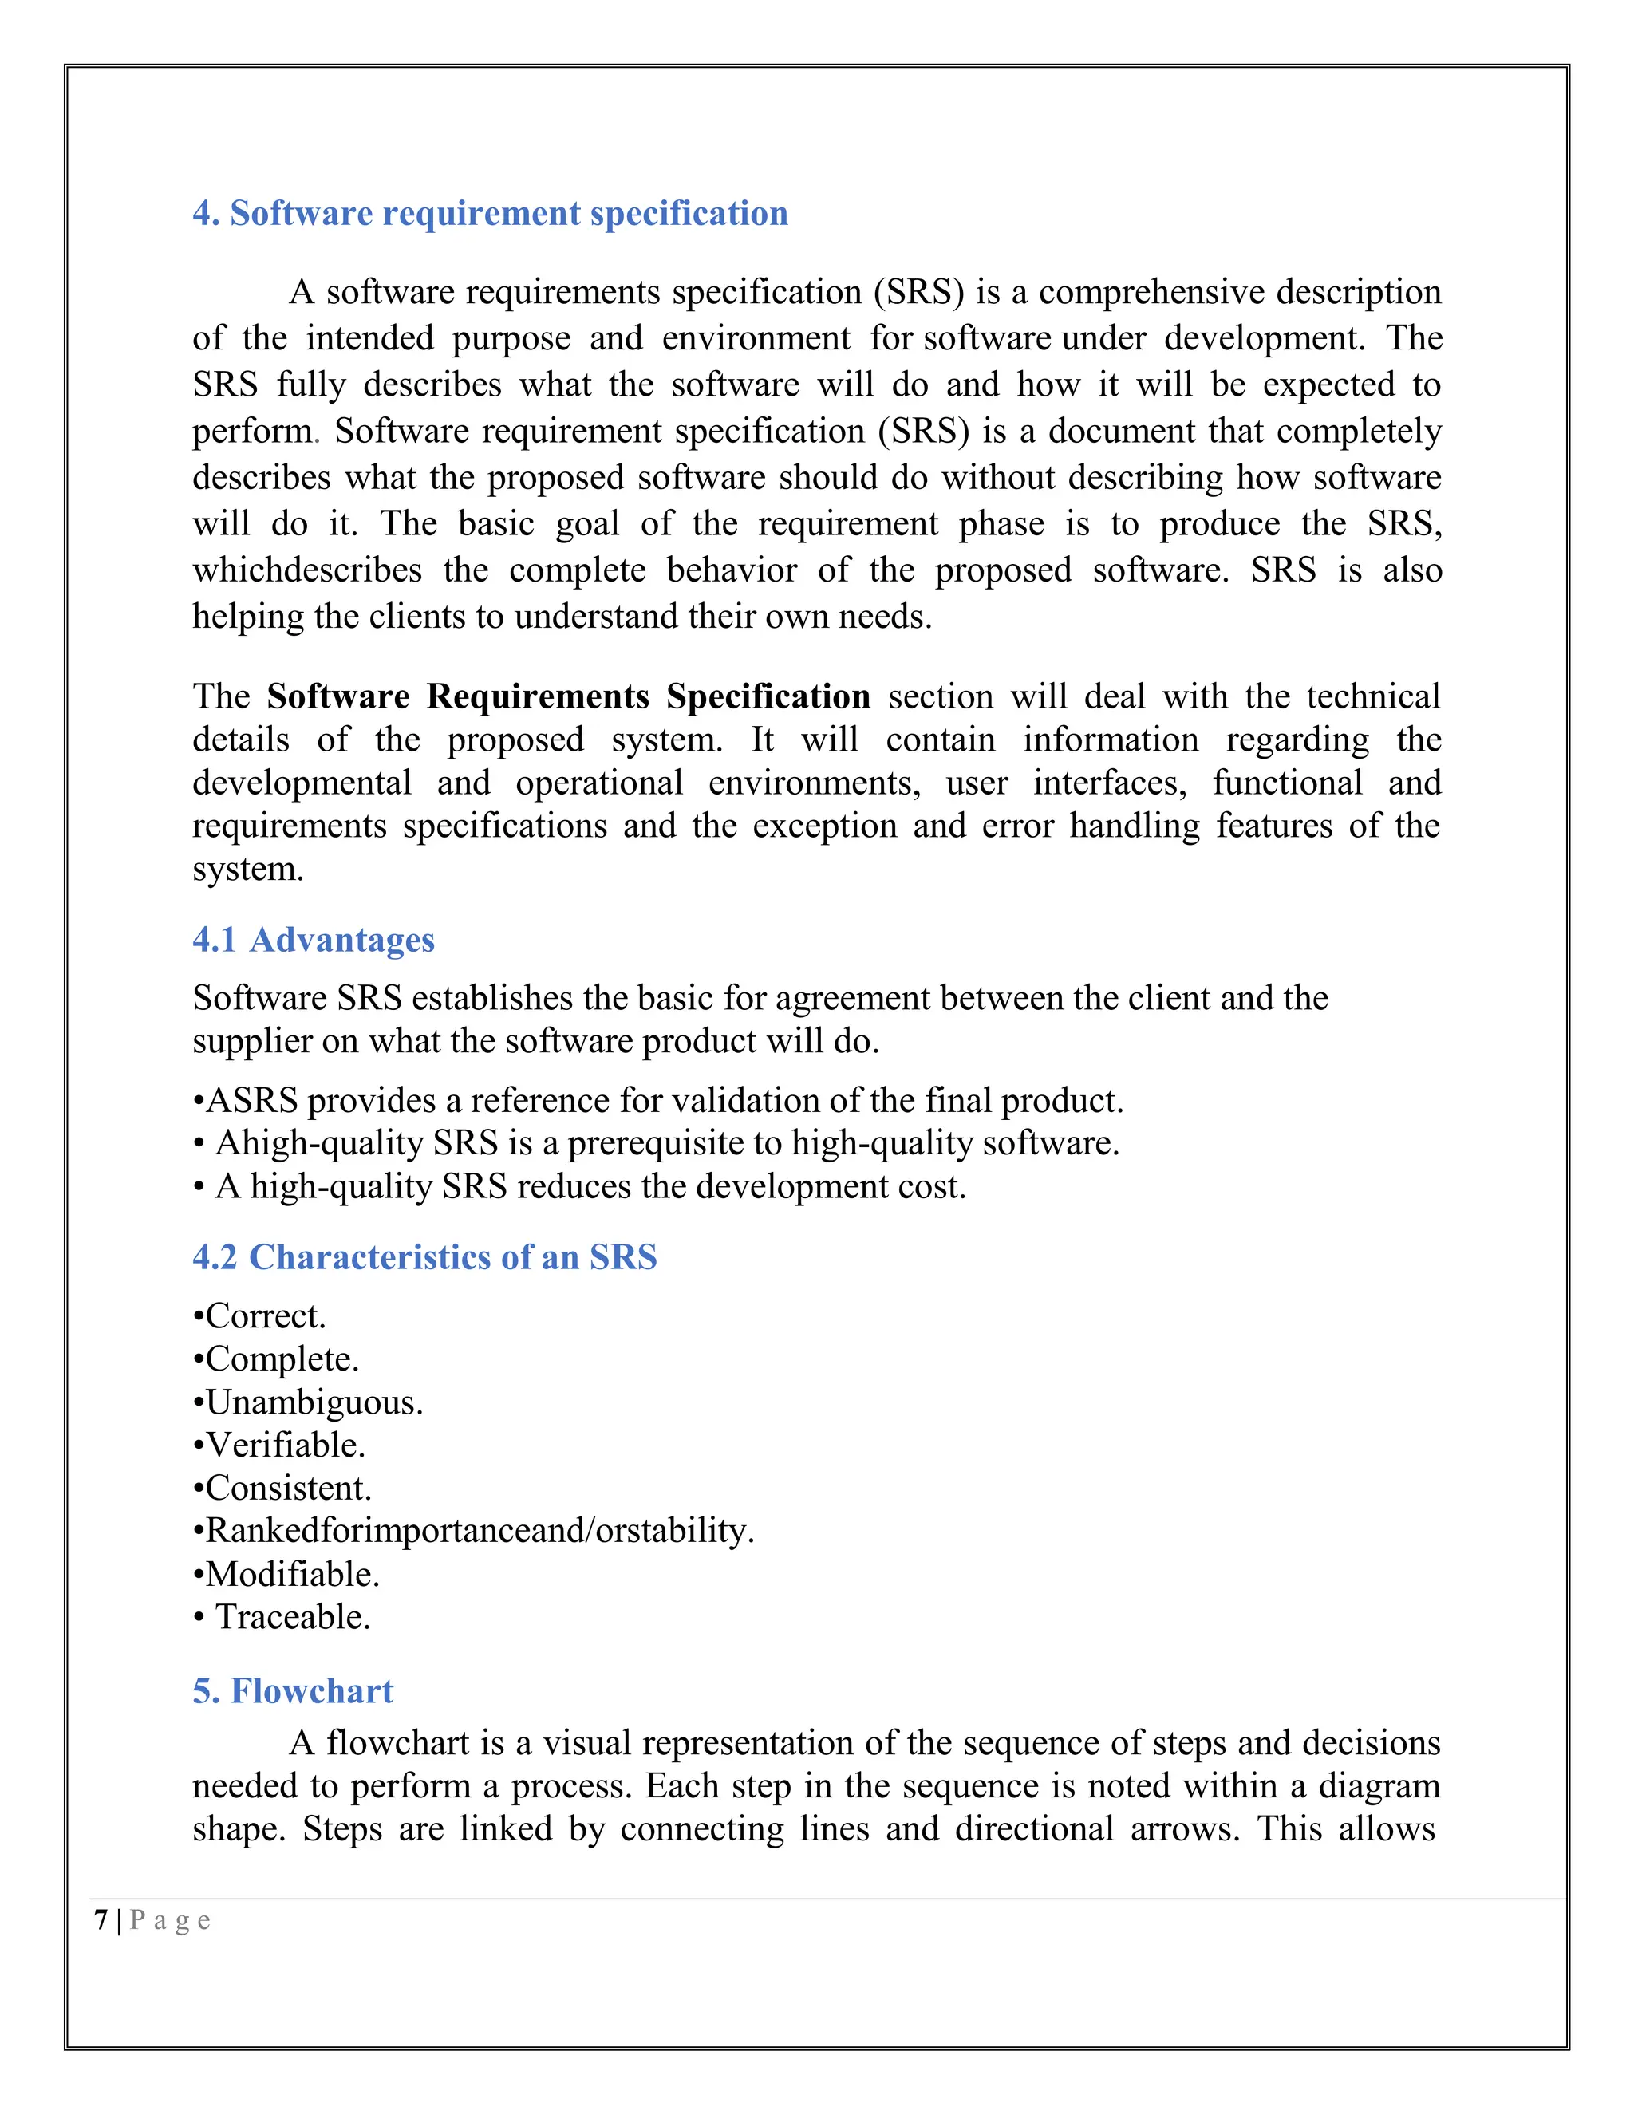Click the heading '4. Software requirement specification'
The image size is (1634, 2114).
click(490, 213)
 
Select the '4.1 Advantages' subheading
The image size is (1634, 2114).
click(314, 940)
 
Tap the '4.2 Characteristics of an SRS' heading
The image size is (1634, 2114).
click(424, 1256)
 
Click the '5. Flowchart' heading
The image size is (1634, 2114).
click(292, 1691)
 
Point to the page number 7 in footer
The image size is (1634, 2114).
click(101, 1920)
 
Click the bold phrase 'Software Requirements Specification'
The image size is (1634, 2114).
click(568, 696)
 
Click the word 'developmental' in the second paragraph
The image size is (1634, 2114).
click(302, 782)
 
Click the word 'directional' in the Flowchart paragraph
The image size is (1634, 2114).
click(1034, 1828)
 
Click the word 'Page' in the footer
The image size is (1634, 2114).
click(171, 1920)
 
